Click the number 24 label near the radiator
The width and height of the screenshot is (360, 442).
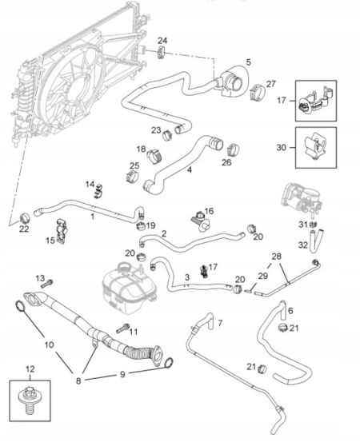pyautogui.click(x=162, y=40)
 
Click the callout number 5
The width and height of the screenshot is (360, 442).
pyautogui.click(x=248, y=62)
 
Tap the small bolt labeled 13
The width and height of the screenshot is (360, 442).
pyautogui.click(x=50, y=282)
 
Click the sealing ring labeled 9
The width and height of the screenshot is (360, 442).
pyautogui.click(x=168, y=364)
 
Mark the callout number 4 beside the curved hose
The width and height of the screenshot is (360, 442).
pyautogui.click(x=189, y=169)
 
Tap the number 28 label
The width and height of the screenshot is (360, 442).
pyautogui.click(x=276, y=256)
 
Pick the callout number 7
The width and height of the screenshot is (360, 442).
pyautogui.click(x=222, y=322)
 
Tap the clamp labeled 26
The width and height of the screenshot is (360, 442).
pyautogui.click(x=233, y=149)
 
